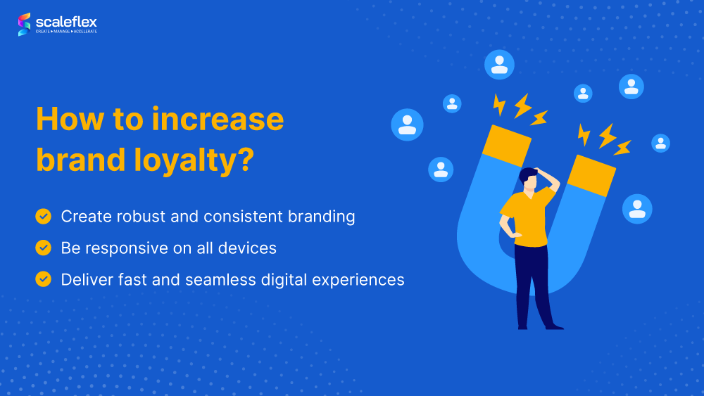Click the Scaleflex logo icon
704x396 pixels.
(24, 24)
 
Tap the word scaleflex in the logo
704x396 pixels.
(66, 22)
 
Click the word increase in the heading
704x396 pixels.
(218, 120)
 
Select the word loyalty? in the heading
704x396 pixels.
(194, 160)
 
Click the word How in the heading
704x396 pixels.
(70, 120)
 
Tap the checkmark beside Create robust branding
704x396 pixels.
(44, 216)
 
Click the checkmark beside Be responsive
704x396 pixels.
(44, 248)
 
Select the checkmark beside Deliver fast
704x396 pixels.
(44, 279)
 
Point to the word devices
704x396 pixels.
(247, 248)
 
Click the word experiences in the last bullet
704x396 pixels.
(358, 280)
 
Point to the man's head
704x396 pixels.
(529, 179)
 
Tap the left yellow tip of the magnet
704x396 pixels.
(507, 145)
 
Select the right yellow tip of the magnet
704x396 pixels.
(591, 175)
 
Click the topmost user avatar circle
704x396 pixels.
(499, 65)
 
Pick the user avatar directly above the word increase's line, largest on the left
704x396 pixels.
(407, 124)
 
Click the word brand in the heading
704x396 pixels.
(80, 160)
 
